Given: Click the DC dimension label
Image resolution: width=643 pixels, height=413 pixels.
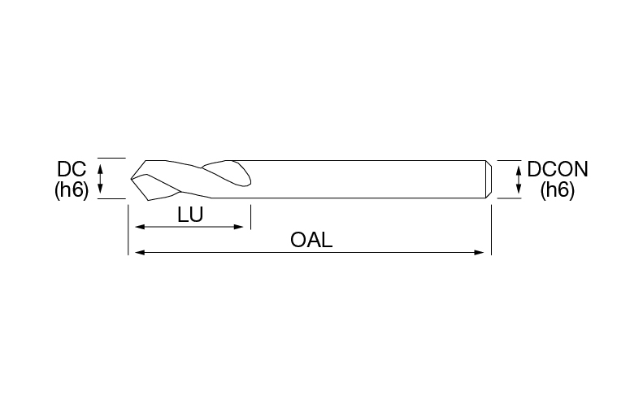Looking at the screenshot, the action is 72,169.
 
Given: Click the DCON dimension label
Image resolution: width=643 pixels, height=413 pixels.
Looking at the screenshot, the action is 558,169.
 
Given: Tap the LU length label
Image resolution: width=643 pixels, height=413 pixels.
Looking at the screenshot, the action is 190,215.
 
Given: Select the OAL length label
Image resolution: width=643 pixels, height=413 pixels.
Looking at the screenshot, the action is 311,240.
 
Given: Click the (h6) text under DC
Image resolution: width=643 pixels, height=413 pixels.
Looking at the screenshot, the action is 72,190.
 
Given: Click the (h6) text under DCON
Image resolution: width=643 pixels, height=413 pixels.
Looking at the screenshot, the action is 558,190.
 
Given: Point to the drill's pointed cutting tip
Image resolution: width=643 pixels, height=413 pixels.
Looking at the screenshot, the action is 131,179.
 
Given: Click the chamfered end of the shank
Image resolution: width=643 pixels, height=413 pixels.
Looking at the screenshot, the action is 489,179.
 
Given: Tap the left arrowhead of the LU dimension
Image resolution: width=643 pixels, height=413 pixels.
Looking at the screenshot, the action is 141,227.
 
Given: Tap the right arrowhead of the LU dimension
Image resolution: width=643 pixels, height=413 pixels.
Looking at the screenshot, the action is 238,227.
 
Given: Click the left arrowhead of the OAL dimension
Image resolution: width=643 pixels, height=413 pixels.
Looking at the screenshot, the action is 141,253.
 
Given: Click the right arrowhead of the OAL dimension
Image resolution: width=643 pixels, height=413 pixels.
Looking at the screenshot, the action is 479,253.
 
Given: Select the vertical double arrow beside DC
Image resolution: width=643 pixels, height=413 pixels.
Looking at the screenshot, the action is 100,178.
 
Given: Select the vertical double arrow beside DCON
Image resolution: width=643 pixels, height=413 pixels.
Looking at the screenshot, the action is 519,179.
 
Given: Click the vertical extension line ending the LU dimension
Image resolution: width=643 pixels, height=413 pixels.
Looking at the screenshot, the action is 250,217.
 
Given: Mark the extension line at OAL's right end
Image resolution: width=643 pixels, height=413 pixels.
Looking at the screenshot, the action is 491,230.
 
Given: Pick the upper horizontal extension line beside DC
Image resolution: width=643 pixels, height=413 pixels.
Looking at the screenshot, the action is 111,158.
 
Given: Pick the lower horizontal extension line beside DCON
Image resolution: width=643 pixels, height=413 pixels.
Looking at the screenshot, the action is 510,198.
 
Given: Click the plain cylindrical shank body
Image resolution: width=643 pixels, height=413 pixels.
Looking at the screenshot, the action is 368,179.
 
